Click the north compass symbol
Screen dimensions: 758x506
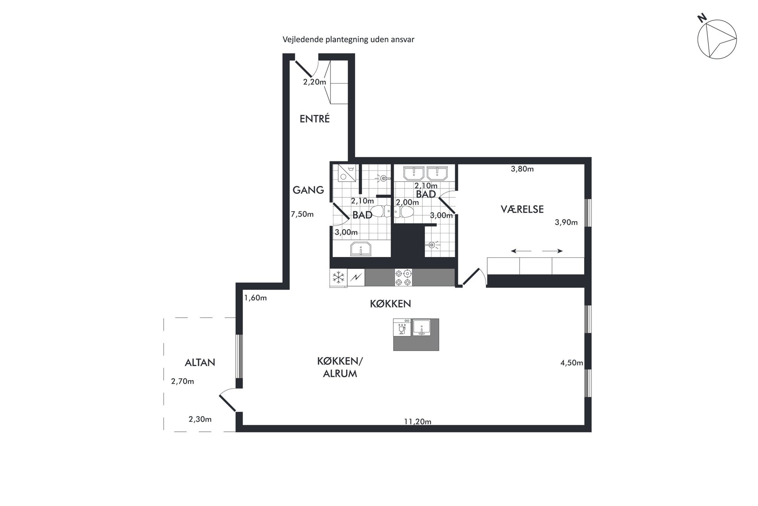[x=717, y=39]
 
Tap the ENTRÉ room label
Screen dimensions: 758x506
[x=314, y=119]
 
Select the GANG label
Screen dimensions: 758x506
[x=308, y=190]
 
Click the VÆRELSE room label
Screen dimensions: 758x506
[x=522, y=209]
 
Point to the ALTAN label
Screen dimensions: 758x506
[x=200, y=363]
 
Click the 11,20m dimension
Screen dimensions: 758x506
[x=418, y=422]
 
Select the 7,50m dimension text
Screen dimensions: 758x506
[x=302, y=215]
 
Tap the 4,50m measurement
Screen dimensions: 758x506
[x=572, y=363]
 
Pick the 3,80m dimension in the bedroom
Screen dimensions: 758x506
[x=522, y=169]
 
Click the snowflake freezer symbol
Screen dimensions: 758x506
[x=339, y=278]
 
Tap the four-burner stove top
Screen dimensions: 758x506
[x=403, y=278]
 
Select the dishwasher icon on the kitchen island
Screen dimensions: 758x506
[x=402, y=327]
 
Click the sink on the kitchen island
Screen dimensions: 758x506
[x=421, y=327]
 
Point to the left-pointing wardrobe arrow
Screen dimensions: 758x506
[x=521, y=251]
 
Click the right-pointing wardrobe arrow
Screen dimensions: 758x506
[x=552, y=251]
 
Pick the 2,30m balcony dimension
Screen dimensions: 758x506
[x=200, y=419]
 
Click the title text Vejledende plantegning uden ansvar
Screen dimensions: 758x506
[x=348, y=39]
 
